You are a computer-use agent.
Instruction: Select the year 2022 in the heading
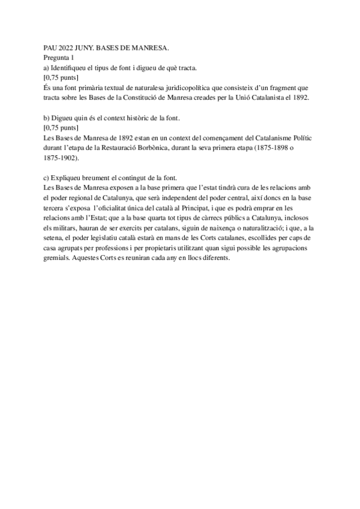tap(71, 47)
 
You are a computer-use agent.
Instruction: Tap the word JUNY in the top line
tap(95, 47)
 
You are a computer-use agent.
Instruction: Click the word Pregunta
tap(58, 58)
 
